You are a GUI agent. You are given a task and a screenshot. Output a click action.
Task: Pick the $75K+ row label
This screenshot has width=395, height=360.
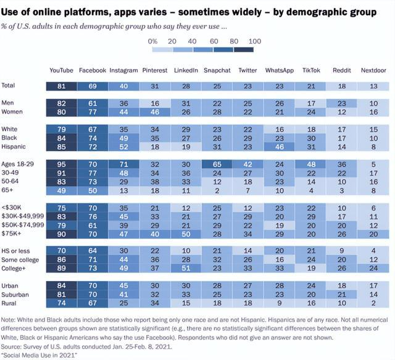(11, 234)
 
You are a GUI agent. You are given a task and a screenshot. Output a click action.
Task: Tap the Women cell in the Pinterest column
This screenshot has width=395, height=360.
(154, 111)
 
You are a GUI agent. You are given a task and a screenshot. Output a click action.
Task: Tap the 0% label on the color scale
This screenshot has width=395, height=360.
(154, 40)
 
